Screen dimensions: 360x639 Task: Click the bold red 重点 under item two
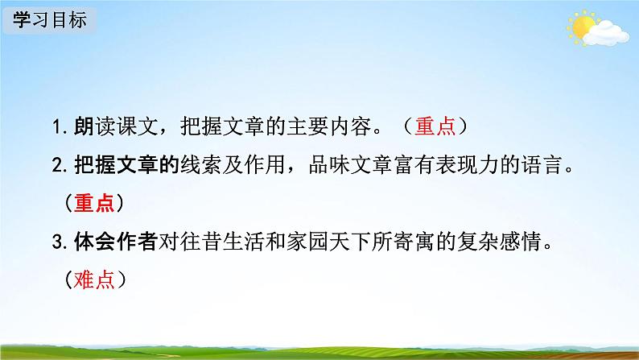click(x=94, y=204)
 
